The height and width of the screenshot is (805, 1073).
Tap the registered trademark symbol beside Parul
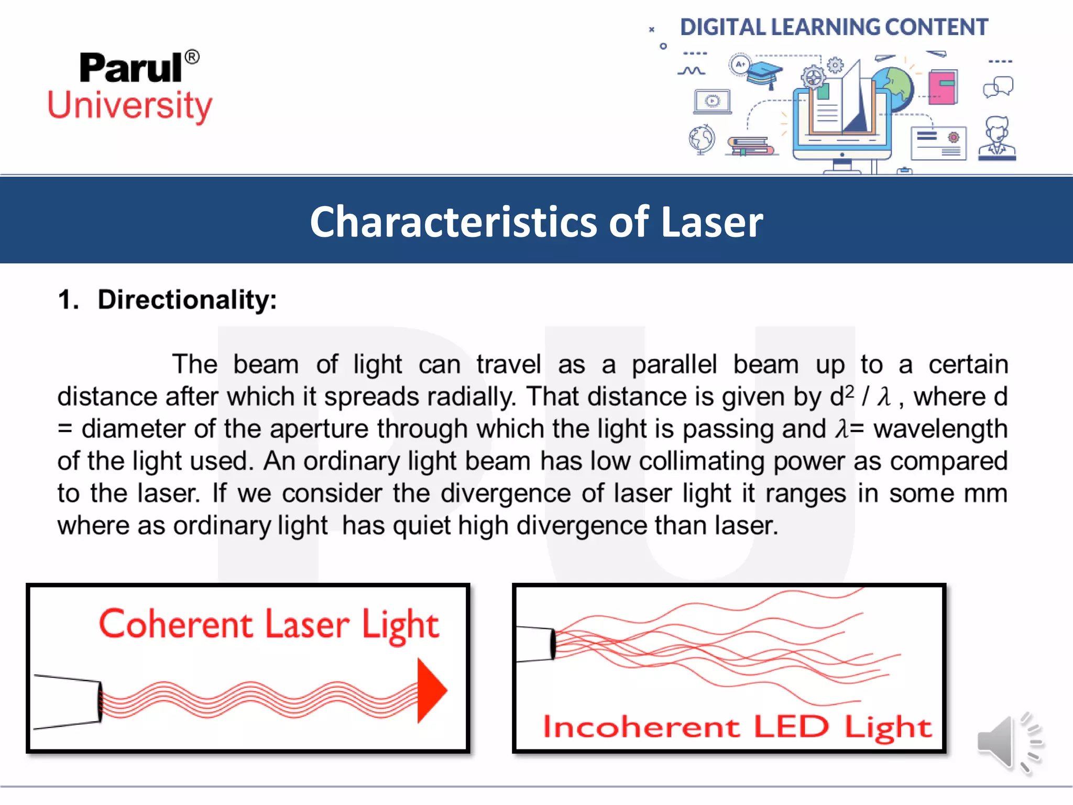(192, 57)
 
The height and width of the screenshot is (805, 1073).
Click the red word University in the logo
(130, 105)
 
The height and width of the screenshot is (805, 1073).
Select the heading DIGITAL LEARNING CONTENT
(834, 27)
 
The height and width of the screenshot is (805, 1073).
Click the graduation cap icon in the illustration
(764, 74)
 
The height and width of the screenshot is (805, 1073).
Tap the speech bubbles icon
(998, 86)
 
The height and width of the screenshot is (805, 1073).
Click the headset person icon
(997, 137)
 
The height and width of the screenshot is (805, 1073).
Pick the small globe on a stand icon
(702, 139)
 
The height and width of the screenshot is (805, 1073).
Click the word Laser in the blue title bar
(711, 222)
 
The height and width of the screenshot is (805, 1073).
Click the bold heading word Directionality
(187, 300)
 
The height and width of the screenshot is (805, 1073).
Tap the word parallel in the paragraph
(674, 364)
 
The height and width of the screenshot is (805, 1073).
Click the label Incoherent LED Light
(737, 727)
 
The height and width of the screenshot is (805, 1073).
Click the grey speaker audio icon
(1009, 743)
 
